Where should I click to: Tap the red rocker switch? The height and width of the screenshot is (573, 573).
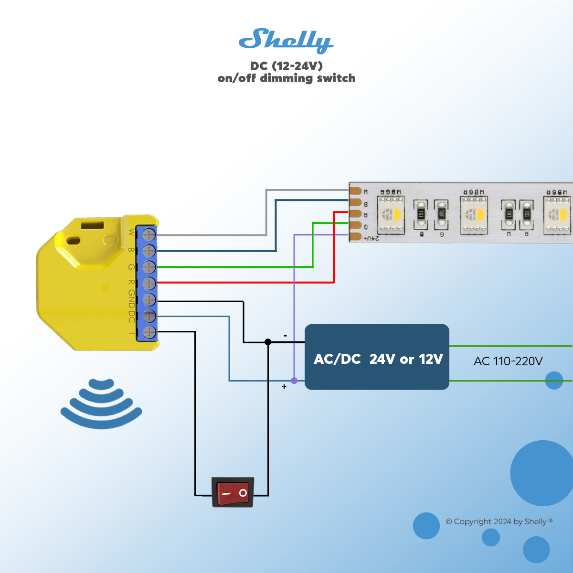tap(233, 492)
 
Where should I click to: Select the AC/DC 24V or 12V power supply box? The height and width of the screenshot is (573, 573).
tap(377, 357)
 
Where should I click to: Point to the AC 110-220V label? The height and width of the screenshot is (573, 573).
tap(508, 361)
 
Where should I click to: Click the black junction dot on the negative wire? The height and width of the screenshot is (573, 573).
tap(268, 342)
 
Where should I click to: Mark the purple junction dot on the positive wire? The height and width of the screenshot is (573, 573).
tap(294, 381)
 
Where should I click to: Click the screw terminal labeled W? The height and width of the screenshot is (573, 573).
tap(149, 234)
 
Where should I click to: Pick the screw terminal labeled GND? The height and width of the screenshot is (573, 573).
tap(149, 300)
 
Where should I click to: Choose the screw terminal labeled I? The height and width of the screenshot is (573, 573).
tap(149, 332)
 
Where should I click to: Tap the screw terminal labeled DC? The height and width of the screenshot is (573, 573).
tap(149, 316)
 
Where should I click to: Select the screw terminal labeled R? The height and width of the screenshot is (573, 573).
tap(149, 283)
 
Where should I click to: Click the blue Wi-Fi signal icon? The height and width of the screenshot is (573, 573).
tap(101, 403)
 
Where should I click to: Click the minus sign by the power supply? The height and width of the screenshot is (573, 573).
tap(285, 336)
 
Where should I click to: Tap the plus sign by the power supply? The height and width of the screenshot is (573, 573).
tap(284, 386)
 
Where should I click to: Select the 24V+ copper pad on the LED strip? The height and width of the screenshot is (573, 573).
tap(356, 236)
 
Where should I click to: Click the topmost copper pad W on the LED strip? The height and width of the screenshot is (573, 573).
tap(356, 191)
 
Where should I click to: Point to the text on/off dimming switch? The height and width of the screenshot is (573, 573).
tap(286, 78)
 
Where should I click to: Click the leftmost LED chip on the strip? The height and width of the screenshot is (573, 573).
tap(391, 214)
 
